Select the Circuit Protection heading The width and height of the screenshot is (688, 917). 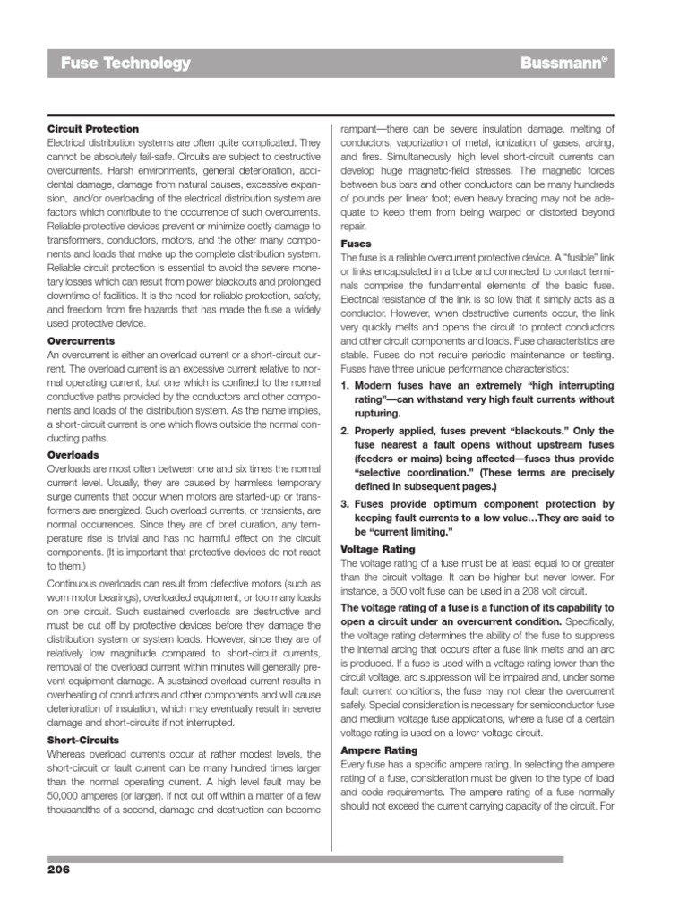(92, 129)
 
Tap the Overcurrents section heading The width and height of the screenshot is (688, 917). (81, 341)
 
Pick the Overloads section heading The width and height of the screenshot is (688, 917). (73, 454)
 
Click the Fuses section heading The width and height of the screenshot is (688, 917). (356, 243)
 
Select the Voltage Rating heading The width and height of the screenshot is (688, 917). (379, 548)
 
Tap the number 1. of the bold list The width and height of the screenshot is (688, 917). (347, 385)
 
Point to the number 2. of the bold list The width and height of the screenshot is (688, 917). (347, 431)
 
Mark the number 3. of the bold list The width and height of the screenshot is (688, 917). (347, 504)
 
